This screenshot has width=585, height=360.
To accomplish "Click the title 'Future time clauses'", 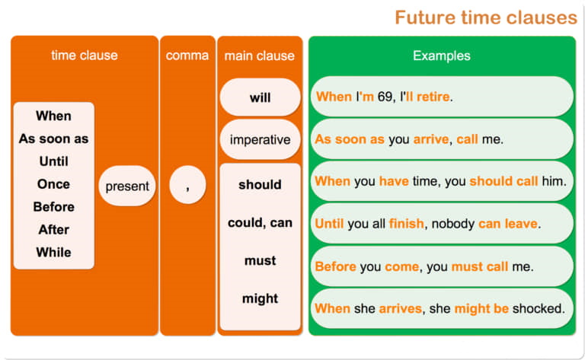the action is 486,18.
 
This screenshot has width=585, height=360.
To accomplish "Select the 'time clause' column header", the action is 85,55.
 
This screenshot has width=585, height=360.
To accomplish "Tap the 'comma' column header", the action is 187,56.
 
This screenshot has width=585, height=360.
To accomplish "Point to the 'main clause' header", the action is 260,56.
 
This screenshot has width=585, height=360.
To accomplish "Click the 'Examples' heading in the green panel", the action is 441,56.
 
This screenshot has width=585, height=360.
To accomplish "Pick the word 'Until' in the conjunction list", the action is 54,161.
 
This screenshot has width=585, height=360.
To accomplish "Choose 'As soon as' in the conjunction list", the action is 54,139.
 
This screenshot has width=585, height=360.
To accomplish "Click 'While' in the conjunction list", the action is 54,252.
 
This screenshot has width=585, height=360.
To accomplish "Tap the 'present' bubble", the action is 127,186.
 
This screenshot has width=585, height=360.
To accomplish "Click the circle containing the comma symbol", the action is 187,185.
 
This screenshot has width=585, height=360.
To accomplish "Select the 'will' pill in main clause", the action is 260,97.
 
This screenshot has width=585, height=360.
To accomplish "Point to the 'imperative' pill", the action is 260,139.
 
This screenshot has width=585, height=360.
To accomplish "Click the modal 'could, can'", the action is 260,222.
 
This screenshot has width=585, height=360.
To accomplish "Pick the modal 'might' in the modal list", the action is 260,298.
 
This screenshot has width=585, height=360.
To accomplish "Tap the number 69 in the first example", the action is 385,97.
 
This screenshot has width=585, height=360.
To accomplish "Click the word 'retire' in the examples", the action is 433,97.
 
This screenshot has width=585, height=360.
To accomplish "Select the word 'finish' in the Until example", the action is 406,224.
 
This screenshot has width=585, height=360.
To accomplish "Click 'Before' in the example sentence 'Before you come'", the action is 335,266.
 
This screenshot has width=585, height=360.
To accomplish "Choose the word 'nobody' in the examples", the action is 453,224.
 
